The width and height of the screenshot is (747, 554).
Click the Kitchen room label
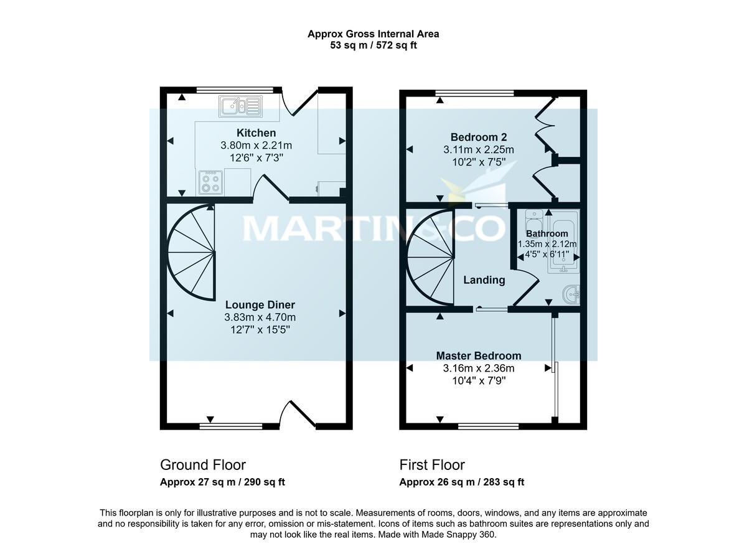pyautogui.click(x=256, y=133)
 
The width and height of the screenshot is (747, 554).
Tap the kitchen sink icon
pyautogui.click(x=240, y=106)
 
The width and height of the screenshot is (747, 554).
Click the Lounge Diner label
pyautogui.click(x=260, y=305)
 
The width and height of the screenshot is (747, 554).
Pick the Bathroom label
pyautogui.click(x=547, y=233)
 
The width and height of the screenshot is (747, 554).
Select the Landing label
pyautogui.click(x=484, y=280)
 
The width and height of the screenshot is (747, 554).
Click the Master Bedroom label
pyautogui.click(x=478, y=355)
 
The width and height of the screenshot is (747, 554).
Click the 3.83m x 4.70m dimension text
pyautogui.click(x=260, y=317)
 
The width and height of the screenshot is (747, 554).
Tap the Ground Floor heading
pyautogui.click(x=203, y=465)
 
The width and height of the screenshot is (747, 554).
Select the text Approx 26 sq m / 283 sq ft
pyautogui.click(x=461, y=482)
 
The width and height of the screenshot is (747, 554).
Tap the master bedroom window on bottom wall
pyautogui.click(x=489, y=427)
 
